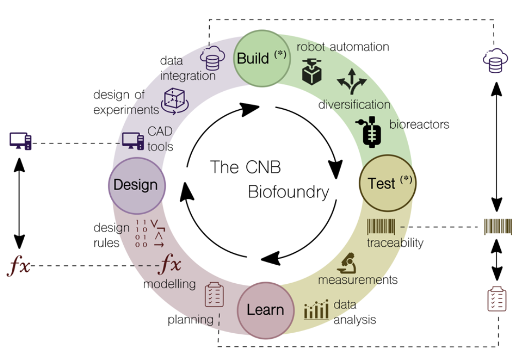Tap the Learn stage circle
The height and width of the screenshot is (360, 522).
click(x=265, y=310)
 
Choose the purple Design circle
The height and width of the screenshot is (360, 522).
click(x=136, y=185)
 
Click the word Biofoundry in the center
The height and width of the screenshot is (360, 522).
click(x=288, y=192)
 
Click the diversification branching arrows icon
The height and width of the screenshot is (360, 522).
click(x=352, y=81)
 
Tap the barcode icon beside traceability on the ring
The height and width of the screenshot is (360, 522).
click(x=381, y=227)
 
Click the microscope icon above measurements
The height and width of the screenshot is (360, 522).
click(x=347, y=263)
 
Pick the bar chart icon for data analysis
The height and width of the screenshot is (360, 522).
click(x=316, y=310)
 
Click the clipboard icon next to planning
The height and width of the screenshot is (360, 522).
click(x=214, y=294)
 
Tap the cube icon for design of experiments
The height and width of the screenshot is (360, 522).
click(x=174, y=99)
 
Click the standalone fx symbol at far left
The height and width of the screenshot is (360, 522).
click(x=19, y=266)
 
